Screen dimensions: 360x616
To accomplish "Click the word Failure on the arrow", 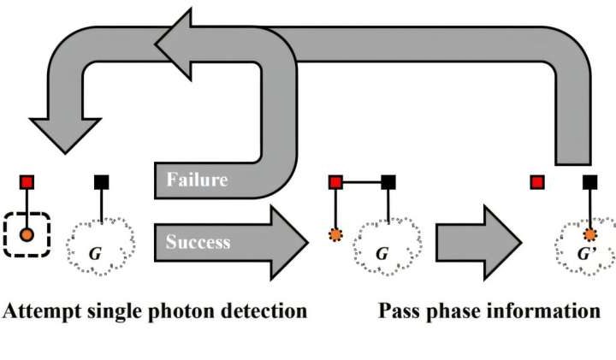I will click(x=197, y=180).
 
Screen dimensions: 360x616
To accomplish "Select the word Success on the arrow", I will click(x=198, y=242).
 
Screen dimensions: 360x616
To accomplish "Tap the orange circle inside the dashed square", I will click(x=27, y=233).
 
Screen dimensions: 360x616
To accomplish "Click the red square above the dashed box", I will click(x=27, y=182).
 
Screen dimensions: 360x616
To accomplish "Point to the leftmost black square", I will click(x=102, y=182).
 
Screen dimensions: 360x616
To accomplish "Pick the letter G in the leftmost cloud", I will click(x=97, y=254).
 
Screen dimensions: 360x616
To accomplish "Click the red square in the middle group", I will click(x=335, y=182).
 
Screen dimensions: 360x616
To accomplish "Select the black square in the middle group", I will click(x=388, y=182).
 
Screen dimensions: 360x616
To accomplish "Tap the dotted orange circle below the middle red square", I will click(x=335, y=234).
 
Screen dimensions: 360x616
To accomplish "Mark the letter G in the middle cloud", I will click(x=382, y=254).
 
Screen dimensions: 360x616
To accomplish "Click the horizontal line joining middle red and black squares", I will click(x=362, y=182).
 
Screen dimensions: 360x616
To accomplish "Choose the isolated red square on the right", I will click(x=537, y=182).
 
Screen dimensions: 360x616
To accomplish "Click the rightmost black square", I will click(x=589, y=182).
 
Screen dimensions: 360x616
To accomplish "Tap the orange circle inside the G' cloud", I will click(x=589, y=234).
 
